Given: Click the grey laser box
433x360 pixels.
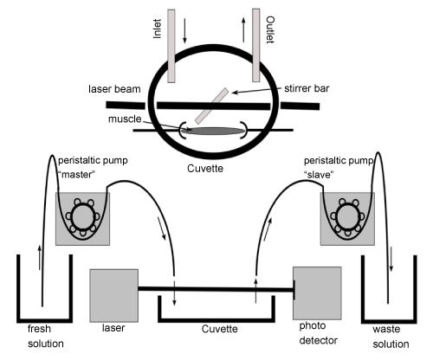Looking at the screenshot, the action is [113, 295].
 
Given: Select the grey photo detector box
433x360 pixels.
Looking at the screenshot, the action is [317, 293].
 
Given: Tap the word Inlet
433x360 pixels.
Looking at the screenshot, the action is [157, 29].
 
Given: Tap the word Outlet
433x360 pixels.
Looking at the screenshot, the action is [270, 29].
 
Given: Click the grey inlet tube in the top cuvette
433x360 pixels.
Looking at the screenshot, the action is [171, 46].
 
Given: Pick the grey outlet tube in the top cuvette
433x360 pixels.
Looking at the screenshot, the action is [255, 45].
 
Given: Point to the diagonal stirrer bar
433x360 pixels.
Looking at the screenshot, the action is [211, 106].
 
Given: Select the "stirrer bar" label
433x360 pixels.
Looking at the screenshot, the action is [307, 88].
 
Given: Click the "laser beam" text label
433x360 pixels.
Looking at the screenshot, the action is [114, 89].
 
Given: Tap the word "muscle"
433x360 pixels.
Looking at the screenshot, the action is [125, 119].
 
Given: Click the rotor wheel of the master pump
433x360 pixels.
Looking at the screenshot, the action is [82, 216].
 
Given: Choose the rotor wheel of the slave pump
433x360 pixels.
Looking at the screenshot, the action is [347, 216].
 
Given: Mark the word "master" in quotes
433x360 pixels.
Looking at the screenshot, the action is [76, 175].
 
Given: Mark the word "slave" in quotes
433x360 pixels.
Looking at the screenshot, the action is [319, 175].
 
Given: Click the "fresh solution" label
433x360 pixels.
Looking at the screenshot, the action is [46, 336].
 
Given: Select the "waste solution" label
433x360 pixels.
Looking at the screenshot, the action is [391, 337].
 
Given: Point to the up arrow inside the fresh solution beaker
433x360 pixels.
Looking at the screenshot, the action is [40, 257].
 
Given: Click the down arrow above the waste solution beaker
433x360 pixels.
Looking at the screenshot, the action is [391, 259].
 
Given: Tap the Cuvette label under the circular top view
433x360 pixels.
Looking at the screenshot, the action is [205, 169].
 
